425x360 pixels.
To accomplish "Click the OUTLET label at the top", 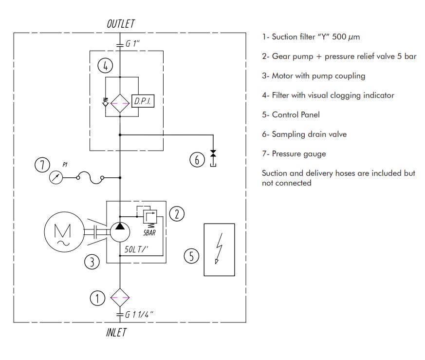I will pos(120,23).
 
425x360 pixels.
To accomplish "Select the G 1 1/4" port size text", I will pos(139,314).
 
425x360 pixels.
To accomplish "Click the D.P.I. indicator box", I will pos(143,102).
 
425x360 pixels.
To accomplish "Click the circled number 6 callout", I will pos(197,160).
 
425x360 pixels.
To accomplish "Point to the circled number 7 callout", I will pos(42,165).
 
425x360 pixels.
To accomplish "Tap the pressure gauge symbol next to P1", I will pos(57,178).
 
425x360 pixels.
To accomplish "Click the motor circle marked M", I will pos(62,232).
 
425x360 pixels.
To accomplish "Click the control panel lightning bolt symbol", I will pos(219,249).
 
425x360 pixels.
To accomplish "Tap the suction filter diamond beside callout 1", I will pos(119,297).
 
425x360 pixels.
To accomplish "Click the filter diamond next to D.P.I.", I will pos(119,103).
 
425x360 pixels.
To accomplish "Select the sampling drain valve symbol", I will pos(213,154).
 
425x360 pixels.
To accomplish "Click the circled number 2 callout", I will pos(176,213).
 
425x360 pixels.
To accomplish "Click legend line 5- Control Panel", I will pos(291,115).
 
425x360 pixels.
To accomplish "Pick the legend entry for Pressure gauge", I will pos(294,154).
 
